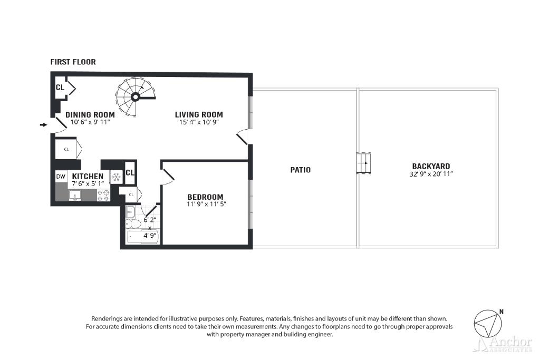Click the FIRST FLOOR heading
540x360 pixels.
point(73,62)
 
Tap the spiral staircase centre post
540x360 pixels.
point(136,98)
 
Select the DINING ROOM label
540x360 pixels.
point(90,114)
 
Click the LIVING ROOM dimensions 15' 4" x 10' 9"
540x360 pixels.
point(199,122)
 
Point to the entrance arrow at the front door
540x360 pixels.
point(43,124)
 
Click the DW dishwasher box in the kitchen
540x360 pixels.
point(61,177)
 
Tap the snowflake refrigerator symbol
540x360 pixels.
point(116,177)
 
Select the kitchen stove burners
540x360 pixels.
point(103,196)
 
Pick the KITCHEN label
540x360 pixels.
point(88,176)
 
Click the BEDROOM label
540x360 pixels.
point(205,197)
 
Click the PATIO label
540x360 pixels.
point(300,170)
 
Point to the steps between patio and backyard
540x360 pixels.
point(364,163)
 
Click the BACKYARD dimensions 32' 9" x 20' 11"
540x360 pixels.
point(431,174)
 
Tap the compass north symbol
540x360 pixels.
point(488,324)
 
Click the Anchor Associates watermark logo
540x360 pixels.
point(503,344)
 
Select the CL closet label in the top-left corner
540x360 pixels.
point(60,87)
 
